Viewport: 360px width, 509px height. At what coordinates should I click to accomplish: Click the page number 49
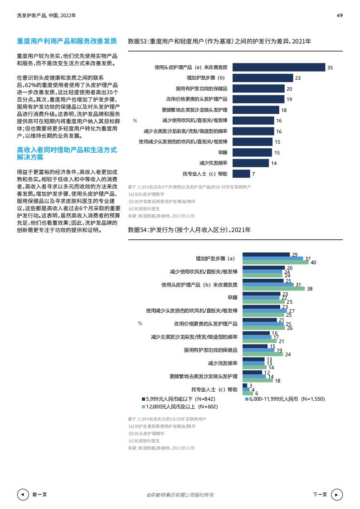(340, 15)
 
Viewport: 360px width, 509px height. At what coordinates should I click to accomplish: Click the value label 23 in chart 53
(297, 78)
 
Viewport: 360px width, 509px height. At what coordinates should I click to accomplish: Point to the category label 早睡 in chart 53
(223, 153)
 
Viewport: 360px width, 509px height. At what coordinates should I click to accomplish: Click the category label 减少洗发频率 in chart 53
(213, 163)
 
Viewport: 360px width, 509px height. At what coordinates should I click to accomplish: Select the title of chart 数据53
(219, 41)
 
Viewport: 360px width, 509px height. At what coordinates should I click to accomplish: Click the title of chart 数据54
(189, 230)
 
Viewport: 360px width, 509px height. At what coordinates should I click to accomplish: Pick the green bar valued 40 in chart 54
(276, 263)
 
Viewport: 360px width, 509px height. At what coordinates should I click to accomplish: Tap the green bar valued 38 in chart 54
(274, 289)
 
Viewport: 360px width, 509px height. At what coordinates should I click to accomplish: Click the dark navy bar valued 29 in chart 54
(266, 255)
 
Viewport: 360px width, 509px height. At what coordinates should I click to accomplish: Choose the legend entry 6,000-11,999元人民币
(281, 399)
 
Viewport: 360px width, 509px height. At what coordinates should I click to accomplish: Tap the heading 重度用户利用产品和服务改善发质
(67, 41)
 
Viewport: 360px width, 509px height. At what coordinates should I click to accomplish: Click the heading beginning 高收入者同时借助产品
(67, 153)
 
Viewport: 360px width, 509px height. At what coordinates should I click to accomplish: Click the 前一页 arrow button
(22, 494)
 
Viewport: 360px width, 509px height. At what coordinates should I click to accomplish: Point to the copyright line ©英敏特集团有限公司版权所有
(180, 494)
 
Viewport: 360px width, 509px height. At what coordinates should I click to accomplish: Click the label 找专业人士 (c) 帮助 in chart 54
(214, 389)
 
